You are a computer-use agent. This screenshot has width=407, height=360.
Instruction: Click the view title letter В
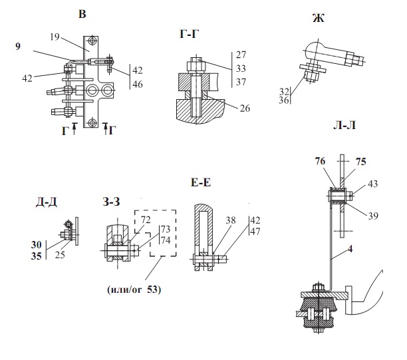point(82,13)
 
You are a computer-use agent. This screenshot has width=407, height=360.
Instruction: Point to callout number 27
point(241,55)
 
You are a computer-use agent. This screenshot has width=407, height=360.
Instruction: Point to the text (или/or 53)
point(134,289)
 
